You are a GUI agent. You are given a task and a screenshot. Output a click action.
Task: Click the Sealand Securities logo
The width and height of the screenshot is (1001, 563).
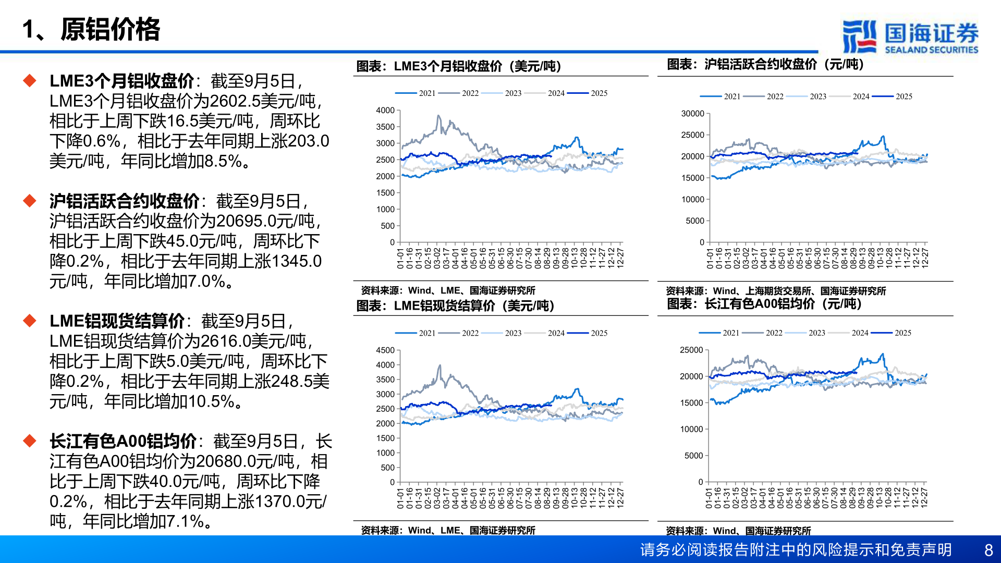coord(910,36)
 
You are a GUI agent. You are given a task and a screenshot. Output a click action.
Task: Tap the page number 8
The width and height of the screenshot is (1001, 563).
coord(988,550)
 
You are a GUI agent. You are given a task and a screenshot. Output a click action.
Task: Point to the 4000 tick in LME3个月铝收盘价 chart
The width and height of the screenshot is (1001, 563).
coord(385,111)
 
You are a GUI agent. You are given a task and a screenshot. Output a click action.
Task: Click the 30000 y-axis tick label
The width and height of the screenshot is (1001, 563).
coord(692,114)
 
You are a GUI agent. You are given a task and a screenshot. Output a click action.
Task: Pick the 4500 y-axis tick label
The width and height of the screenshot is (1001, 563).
coord(385,350)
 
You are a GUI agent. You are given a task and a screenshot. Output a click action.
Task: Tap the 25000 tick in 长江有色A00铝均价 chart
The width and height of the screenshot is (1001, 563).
coord(691,350)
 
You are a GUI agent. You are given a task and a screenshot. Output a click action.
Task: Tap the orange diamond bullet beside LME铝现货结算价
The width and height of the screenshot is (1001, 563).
coord(30,321)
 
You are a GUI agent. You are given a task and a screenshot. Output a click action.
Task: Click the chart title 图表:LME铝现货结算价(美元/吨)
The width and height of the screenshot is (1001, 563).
coord(455,306)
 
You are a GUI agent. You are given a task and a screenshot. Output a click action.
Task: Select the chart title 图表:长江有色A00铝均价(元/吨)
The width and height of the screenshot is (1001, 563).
coord(764,304)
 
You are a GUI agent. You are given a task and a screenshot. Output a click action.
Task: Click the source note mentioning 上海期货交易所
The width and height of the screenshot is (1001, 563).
coord(776,291)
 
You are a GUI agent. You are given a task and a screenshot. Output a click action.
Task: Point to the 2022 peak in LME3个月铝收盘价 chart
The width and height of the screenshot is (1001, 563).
coord(438,116)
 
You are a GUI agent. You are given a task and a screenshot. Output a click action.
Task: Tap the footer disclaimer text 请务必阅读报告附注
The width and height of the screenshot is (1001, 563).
coord(796,550)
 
